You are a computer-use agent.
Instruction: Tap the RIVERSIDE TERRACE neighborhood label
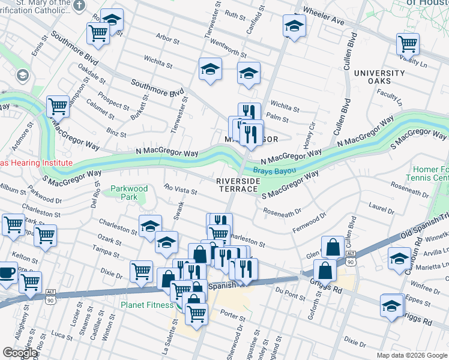point(237,184)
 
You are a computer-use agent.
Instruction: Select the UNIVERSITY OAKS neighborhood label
point(380,77)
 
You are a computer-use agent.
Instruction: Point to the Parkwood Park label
point(129,193)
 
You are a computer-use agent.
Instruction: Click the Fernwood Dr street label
point(309,222)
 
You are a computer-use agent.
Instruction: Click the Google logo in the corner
point(20,353)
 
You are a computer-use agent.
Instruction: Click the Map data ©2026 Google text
point(412,355)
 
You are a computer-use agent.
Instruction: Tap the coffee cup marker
point(7,272)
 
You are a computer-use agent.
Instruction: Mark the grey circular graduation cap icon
point(23,76)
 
